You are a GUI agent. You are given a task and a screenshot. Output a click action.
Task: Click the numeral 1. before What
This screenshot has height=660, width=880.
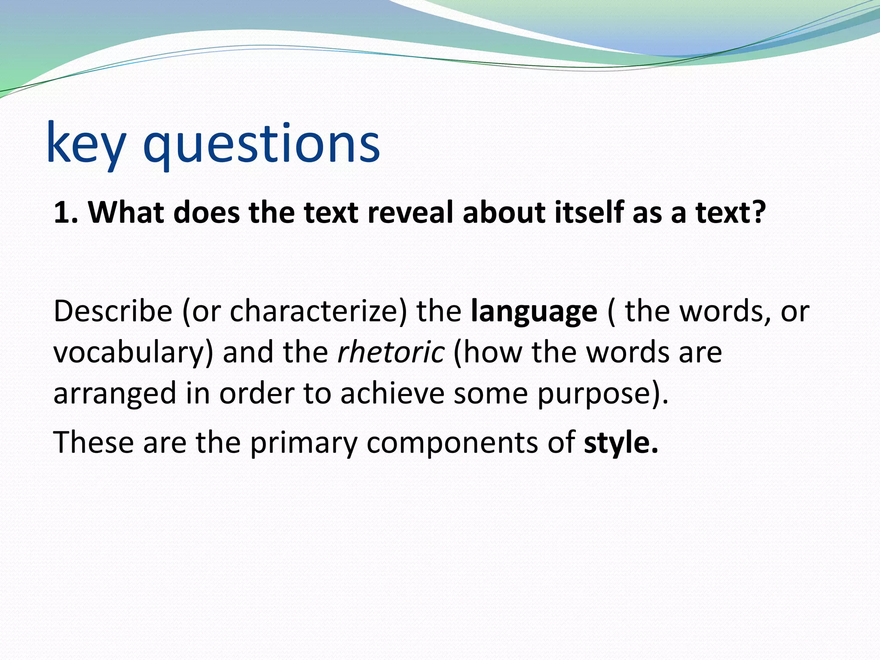coord(65,212)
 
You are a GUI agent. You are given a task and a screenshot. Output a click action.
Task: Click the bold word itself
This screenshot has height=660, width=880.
coord(589,212)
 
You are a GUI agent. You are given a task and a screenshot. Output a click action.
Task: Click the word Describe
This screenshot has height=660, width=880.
coord(113,311)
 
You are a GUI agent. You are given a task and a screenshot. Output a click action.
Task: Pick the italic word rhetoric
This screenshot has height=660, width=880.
coord(391,352)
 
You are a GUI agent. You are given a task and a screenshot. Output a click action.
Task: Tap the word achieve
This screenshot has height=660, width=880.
coord(392,394)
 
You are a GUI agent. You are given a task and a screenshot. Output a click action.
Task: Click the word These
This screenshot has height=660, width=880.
coord(93,443)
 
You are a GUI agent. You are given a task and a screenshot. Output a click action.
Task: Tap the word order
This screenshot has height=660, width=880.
coord(257,394)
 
